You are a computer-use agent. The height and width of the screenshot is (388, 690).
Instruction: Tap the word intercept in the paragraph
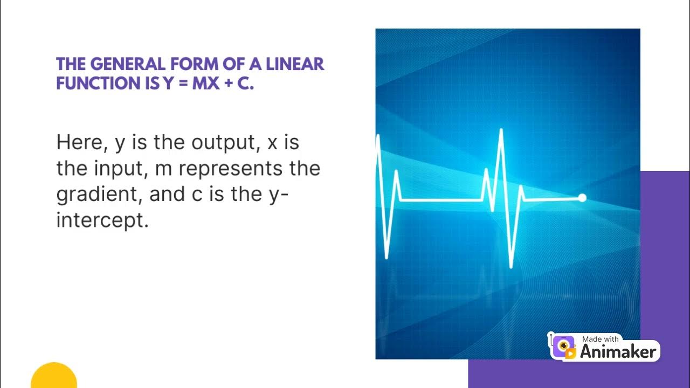click(x=102, y=220)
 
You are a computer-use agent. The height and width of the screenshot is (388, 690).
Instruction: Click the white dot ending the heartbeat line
click(x=582, y=198)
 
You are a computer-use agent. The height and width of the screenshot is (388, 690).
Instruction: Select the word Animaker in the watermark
click(x=618, y=352)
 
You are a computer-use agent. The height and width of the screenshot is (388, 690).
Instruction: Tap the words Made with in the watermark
click(x=601, y=339)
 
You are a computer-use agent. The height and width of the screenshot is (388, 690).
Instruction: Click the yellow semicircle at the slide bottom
click(x=54, y=377)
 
